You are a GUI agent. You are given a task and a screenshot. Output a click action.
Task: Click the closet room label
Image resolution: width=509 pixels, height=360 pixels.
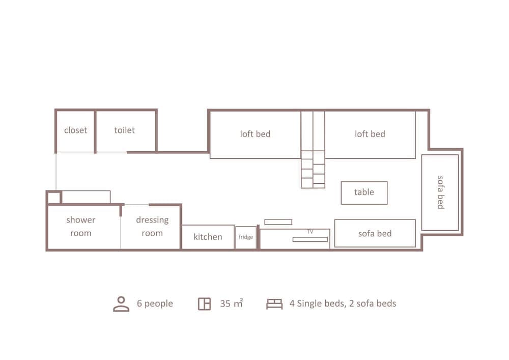[x=75, y=130]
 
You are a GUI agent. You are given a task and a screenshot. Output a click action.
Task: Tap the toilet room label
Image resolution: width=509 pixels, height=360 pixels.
[x=124, y=130]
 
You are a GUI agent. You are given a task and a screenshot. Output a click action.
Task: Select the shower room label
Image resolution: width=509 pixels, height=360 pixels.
[x=80, y=227]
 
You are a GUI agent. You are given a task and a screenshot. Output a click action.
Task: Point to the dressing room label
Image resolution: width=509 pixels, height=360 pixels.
[x=152, y=227]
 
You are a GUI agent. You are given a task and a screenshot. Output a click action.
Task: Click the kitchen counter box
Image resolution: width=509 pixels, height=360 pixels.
[x=208, y=237]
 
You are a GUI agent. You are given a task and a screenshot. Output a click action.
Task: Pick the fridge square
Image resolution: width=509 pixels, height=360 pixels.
[x=246, y=237]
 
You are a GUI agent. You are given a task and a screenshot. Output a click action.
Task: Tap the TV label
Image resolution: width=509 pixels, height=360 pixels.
[x=310, y=232]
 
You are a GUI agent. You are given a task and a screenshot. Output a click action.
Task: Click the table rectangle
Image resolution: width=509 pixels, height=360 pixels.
[x=364, y=192]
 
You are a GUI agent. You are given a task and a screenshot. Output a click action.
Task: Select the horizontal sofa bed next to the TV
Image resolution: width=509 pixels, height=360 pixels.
[x=375, y=234]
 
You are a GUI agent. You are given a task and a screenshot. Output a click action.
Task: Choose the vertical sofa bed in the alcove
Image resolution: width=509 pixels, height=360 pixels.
[x=440, y=192]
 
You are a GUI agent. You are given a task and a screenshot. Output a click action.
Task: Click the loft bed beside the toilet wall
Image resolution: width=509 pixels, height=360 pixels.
[x=255, y=134]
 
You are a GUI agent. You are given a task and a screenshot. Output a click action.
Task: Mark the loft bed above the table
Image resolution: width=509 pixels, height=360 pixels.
[x=370, y=134]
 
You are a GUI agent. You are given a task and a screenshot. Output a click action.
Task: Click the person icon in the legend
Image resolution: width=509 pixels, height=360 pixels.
[x=121, y=304]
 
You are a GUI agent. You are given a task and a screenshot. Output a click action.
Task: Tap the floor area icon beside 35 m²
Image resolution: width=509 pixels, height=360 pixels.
[x=204, y=304]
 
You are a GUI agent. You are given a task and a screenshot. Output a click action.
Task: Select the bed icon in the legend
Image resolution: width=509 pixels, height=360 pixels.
[x=274, y=304]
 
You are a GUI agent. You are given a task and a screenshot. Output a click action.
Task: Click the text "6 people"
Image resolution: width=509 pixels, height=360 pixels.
[x=155, y=304]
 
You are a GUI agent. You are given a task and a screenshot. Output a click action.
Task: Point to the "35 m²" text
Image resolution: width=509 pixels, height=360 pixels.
[x=231, y=304]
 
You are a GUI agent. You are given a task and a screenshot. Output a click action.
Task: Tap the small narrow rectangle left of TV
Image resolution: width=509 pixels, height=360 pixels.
[x=278, y=222]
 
